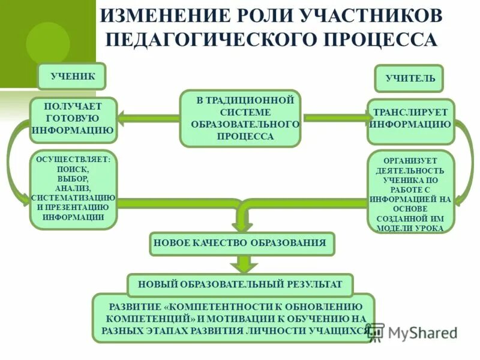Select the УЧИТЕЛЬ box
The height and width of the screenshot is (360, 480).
click(409, 79)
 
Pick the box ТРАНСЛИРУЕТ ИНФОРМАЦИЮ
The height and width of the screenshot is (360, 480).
click(410, 120)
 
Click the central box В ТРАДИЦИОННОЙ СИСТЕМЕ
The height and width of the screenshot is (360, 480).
click(240, 118)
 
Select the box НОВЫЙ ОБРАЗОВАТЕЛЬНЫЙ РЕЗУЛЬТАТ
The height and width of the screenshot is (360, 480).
click(240, 284)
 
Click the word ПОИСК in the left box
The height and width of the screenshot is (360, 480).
click(73, 170)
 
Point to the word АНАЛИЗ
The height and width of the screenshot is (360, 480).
click(73, 188)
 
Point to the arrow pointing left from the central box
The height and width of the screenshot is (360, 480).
click(147, 118)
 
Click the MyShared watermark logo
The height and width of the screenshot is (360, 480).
click(414, 334)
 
